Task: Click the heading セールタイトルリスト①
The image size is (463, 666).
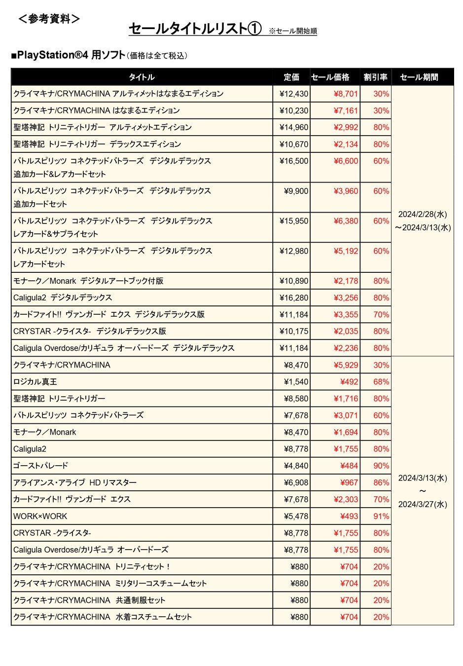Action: tap(195, 29)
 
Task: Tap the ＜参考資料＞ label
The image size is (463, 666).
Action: tap(49, 19)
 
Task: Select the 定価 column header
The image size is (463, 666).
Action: tap(291, 77)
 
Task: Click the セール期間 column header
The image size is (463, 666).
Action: tap(419, 77)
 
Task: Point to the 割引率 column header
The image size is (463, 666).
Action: tap(375, 77)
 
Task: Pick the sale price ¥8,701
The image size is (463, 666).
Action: tap(346, 94)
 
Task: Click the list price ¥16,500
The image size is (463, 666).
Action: tap(294, 161)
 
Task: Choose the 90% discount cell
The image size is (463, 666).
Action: tap(381, 466)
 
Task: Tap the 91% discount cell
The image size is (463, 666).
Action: tap(381, 516)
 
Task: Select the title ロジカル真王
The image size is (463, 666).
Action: tap(35, 382)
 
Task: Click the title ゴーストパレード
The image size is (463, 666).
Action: tap(40, 466)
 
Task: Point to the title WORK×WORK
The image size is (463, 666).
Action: tap(40, 516)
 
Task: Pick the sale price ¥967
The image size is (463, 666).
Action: tap(349, 482)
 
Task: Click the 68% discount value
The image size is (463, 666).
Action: tap(381, 382)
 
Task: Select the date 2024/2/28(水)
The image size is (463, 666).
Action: tap(423, 214)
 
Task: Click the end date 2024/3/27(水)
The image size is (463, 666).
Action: tap(423, 504)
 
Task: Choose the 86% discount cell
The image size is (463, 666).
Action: tap(381, 482)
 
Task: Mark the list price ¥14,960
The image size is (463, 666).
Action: tap(294, 127)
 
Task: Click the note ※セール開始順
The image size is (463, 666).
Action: tap(293, 31)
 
